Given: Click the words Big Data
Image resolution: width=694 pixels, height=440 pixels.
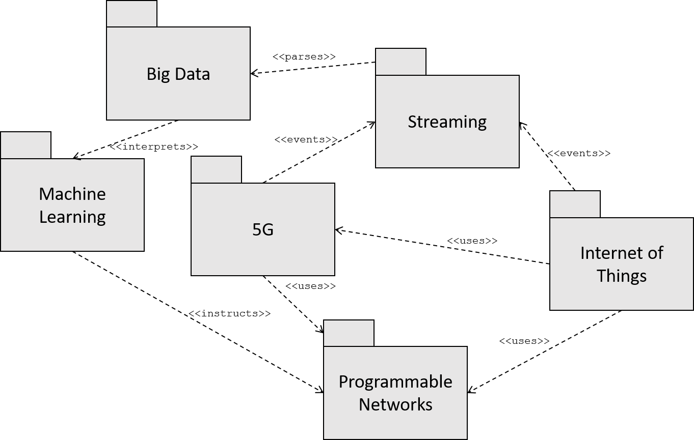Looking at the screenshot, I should pyautogui.click(x=178, y=74).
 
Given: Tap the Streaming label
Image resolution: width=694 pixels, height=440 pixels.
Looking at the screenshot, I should pyautogui.click(x=447, y=122).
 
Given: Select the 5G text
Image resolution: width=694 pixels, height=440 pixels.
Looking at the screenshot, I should pyautogui.click(x=263, y=230).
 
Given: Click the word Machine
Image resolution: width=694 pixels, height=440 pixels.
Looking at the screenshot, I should pyautogui.click(x=72, y=194).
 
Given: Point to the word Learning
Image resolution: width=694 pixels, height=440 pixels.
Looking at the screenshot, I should pyautogui.click(x=72, y=217).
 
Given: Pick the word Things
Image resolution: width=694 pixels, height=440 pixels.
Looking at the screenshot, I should pyautogui.click(x=622, y=276).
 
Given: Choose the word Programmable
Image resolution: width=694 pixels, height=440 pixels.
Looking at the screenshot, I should pyautogui.click(x=395, y=382).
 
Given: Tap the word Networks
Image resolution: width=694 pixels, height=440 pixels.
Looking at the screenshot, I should pyautogui.click(x=395, y=404).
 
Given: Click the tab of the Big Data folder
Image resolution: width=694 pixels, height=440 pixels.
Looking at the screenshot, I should pyautogui.click(x=131, y=14).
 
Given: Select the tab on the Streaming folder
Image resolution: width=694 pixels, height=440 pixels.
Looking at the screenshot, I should pyautogui.click(x=401, y=62).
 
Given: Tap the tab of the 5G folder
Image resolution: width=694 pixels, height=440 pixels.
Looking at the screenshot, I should pyautogui.click(x=216, y=169).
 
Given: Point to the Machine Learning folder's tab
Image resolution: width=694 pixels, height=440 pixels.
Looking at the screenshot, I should pyautogui.click(x=25, y=145).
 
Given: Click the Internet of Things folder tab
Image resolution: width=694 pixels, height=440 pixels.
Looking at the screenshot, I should pyautogui.click(x=575, y=204).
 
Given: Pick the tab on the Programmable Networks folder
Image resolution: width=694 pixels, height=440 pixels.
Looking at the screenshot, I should pyautogui.click(x=349, y=333).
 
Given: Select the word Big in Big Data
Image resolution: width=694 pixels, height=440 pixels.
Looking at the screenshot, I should pyautogui.click(x=157, y=75).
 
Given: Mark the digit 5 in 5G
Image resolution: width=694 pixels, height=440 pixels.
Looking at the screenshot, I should pyautogui.click(x=257, y=230).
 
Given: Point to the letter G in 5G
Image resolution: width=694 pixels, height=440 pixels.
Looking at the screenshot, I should pyautogui.click(x=268, y=230).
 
